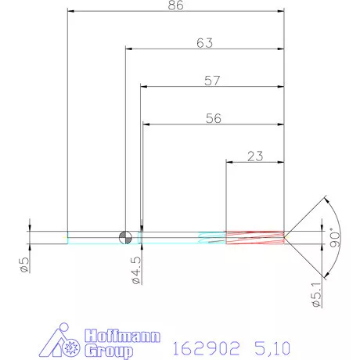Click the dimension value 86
coord(175,5)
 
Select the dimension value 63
coord(204,43)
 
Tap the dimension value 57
coord(212,80)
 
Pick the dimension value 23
coord(254,156)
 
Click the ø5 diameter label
coord(24,264)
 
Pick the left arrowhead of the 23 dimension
coord(229,162)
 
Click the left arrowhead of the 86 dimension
coord(70,12)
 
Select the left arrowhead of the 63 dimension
coord(128,49)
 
